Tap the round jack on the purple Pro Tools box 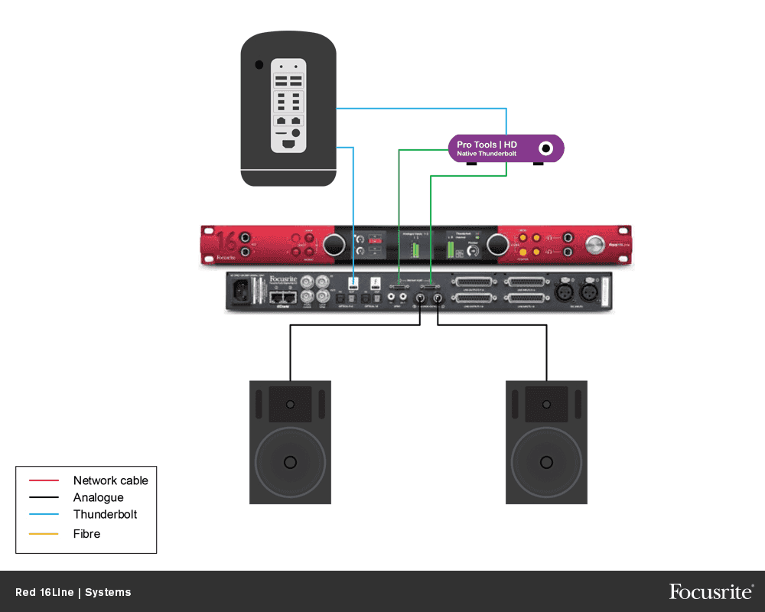pos(546,148)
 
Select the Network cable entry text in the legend pos(110,480)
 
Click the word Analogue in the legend pos(98,497)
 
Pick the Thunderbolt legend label pos(105,514)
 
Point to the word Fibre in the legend pos(86,533)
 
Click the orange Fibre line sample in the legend pos(44,533)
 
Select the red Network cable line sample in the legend pos(44,480)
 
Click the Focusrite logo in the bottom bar pos(711,591)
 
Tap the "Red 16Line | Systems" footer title pos(73,592)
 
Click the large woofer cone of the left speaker pos(290,461)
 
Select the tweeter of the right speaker pos(546,403)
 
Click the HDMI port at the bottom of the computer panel pos(288,145)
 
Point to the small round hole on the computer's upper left pos(259,64)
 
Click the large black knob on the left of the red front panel pos(334,245)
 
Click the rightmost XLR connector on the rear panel pos(590,291)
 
